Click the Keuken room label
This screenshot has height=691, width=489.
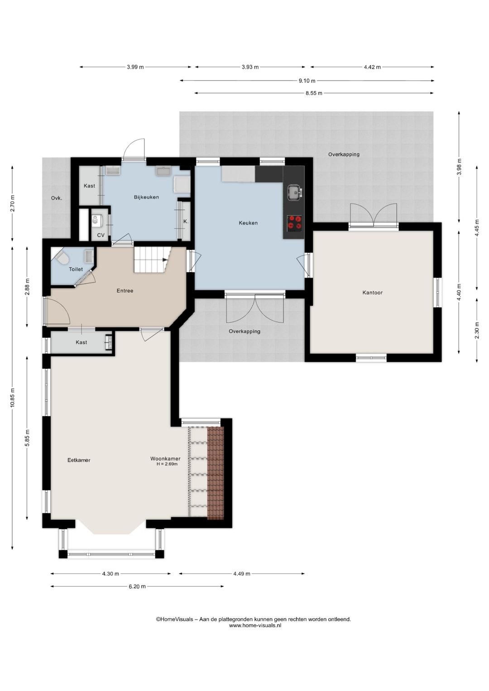[248, 223]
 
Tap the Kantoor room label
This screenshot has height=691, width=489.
[372, 293]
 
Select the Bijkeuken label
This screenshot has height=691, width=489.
[146, 197]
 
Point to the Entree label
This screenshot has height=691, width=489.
[125, 291]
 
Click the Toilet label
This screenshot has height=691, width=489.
[76, 269]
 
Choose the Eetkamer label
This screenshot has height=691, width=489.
[79, 460]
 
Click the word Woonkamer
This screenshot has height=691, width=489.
[165, 459]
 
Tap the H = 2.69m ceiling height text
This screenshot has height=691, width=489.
[167, 464]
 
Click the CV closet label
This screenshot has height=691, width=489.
[101, 235]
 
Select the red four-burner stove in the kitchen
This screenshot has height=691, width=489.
[294, 223]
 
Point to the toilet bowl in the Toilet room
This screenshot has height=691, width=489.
[62, 258]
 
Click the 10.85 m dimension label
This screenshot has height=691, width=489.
[12, 398]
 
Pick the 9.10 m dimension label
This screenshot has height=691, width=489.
[307, 81]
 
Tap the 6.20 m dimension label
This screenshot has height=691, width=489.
[137, 586]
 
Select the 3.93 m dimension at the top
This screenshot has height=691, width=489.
[250, 67]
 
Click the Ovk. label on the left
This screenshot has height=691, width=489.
[57, 198]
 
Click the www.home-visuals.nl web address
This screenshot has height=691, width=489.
[255, 625]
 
